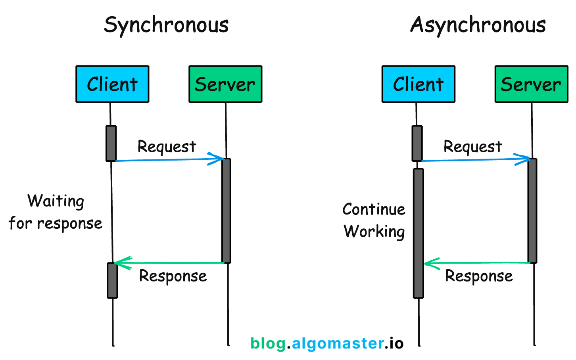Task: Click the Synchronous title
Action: click(166, 25)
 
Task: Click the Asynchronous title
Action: click(478, 25)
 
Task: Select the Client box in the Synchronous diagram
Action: click(112, 84)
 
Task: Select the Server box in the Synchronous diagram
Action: click(225, 84)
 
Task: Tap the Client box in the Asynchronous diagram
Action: click(418, 84)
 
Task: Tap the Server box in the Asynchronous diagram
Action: click(531, 84)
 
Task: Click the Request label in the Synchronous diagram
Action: click(167, 147)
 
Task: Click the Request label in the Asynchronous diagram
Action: click(472, 147)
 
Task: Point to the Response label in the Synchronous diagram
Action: click(173, 276)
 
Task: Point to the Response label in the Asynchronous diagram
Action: click(479, 276)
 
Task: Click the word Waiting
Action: click(56, 201)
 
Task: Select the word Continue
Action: click(374, 209)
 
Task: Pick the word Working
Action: click(374, 232)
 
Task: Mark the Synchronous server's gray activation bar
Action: click(226, 211)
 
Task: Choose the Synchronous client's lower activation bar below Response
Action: click(112, 280)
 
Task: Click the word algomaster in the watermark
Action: click(338, 343)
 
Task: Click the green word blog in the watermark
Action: click(268, 343)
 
